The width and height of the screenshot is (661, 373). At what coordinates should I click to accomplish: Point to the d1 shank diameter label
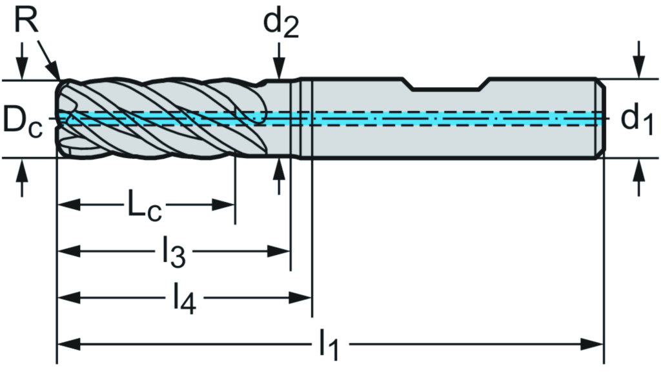pyautogui.click(x=637, y=119)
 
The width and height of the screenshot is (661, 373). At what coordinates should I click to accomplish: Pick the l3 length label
pyautogui.click(x=173, y=253)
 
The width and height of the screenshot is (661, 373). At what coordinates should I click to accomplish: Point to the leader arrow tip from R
pyautogui.click(x=57, y=77)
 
